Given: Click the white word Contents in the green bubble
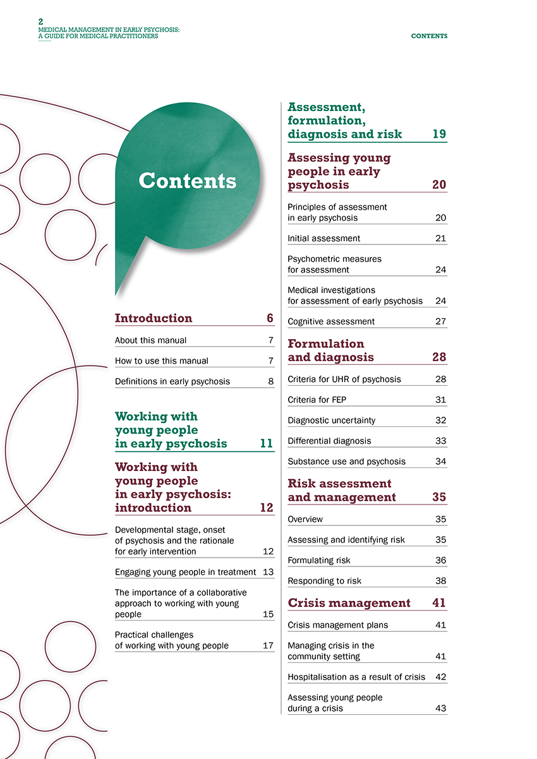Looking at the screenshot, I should pyautogui.click(x=187, y=181).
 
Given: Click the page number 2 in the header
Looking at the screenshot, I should pyautogui.click(x=41, y=21).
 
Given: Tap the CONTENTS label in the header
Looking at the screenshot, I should pyautogui.click(x=429, y=36).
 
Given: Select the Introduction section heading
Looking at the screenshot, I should pyautogui.click(x=154, y=318).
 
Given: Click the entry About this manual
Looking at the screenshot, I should pyautogui.click(x=150, y=340).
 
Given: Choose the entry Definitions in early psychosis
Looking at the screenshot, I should pyautogui.click(x=172, y=381).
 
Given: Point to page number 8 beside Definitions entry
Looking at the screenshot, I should pyautogui.click(x=270, y=381).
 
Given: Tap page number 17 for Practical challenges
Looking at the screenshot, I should pyautogui.click(x=268, y=645).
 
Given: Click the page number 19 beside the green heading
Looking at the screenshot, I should pyautogui.click(x=439, y=134).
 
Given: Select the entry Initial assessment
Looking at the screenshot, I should pyautogui.click(x=323, y=239).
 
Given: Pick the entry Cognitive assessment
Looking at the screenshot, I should pyautogui.click(x=330, y=321).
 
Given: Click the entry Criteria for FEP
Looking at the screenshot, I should pyautogui.click(x=317, y=400).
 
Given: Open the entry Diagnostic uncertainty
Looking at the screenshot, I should pyautogui.click(x=331, y=421).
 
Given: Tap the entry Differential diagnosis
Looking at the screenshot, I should pyautogui.click(x=329, y=441).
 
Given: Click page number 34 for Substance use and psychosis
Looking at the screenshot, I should pyautogui.click(x=441, y=462).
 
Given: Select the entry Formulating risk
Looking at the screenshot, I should pyautogui.click(x=318, y=561).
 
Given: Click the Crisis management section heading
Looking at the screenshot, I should pyautogui.click(x=349, y=603).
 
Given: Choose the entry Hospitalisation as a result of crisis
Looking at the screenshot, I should pyautogui.click(x=356, y=677).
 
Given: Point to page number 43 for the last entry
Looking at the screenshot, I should pyautogui.click(x=441, y=708).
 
